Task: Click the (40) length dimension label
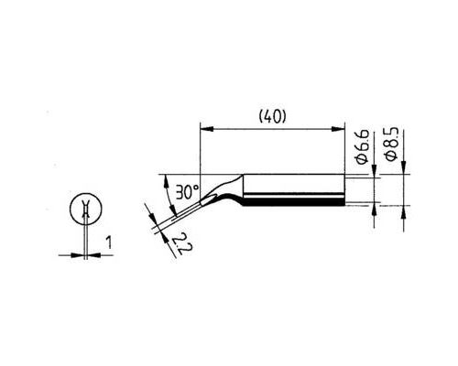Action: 272,117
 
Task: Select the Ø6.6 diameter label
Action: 363,147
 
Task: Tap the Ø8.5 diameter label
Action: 392,144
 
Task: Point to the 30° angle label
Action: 187,192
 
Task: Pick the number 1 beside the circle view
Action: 109,242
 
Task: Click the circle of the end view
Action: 86,208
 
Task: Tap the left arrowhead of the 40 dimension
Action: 206,129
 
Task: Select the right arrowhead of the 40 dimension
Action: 338,129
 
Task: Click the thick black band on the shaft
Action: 294,201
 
